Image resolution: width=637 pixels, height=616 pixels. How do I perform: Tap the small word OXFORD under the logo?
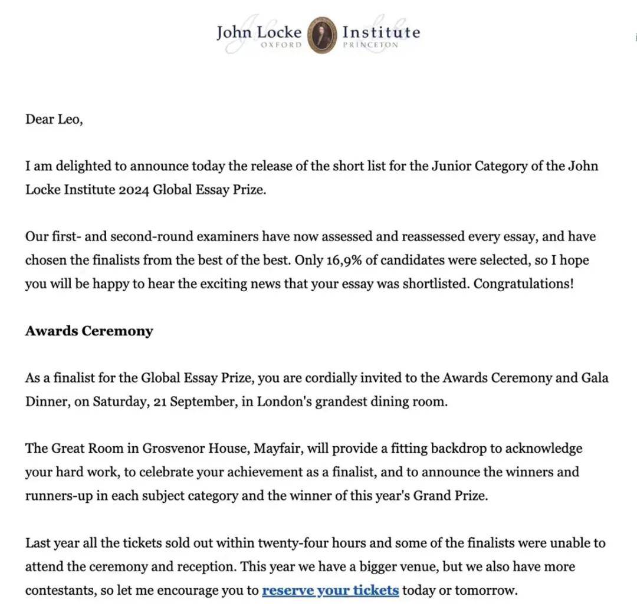coord(281,45)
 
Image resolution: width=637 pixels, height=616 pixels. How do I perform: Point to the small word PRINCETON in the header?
coord(370,45)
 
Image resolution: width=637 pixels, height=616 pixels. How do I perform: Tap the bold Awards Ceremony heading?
coord(89,331)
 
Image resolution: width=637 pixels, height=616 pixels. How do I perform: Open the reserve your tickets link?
coord(330,590)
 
